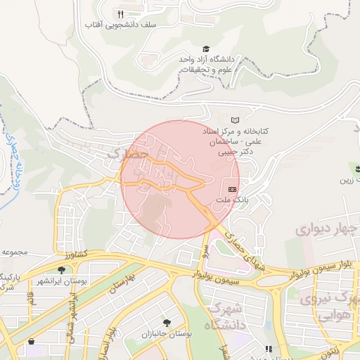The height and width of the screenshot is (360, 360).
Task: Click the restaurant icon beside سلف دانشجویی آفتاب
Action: (120, 13)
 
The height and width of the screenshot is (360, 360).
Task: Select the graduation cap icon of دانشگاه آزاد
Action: (206, 49)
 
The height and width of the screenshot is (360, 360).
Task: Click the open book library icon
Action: (235, 120)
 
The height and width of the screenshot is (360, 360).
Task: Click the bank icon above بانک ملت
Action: (233, 189)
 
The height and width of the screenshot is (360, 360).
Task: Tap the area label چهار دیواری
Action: (322, 229)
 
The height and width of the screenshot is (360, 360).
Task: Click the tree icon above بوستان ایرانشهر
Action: (63, 269)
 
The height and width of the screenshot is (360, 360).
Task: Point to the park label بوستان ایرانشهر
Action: (63, 281)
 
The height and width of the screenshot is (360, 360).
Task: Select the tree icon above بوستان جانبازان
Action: (167, 322)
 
